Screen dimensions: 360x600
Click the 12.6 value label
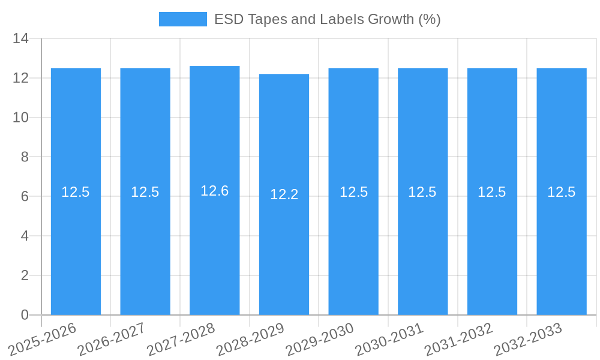[x=215, y=191]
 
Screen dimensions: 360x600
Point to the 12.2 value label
[x=284, y=194]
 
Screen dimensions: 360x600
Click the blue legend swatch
[x=182, y=19]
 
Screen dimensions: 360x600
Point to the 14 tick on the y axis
[x=21, y=39]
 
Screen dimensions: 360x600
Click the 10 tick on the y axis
[x=21, y=118]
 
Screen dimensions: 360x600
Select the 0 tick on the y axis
[x=25, y=315]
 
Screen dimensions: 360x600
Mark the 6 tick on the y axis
[x=25, y=196]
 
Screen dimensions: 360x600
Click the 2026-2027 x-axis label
[x=112, y=338]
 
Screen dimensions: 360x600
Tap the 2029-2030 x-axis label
[x=320, y=338]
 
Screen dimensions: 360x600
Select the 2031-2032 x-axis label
[x=458, y=338]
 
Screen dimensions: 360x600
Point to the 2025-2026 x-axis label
[x=42, y=338]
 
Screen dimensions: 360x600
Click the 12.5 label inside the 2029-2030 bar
[x=353, y=192]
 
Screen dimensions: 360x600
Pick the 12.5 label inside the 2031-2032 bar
[x=492, y=192]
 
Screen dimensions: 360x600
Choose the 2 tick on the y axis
[x=25, y=275]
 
